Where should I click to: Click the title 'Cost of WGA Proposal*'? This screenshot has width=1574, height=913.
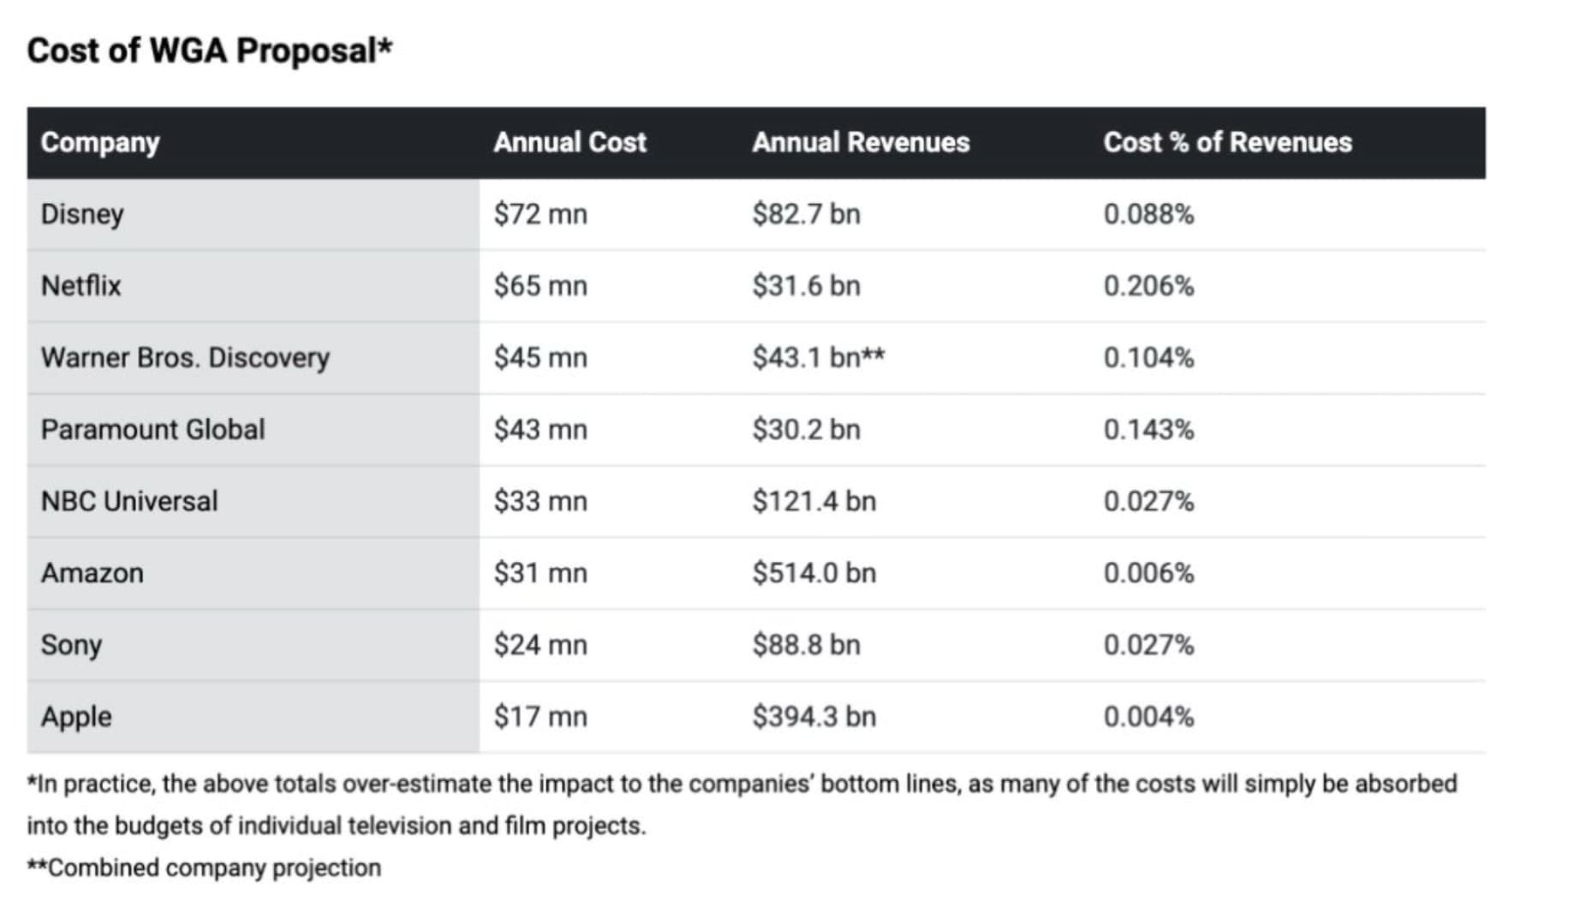tap(209, 51)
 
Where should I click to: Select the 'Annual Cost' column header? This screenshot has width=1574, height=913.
tap(569, 142)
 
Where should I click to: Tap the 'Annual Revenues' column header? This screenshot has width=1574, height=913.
tap(861, 142)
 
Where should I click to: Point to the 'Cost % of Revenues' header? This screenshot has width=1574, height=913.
tap(1227, 142)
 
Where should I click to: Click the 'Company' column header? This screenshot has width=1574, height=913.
tap(100, 142)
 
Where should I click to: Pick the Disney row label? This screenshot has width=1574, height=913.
tap(82, 214)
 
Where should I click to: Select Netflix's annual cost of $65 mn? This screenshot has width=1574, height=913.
tap(540, 286)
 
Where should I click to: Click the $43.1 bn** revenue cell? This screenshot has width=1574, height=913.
tap(818, 358)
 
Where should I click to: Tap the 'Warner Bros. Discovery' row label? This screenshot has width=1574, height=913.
tap(185, 358)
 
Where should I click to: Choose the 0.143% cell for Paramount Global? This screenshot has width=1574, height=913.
tap(1148, 430)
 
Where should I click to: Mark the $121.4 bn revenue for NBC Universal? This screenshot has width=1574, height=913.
tap(814, 502)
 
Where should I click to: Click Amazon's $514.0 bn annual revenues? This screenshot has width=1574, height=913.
tap(814, 573)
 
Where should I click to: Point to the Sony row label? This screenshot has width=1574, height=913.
tap(71, 645)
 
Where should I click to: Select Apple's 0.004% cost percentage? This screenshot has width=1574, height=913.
tap(1148, 717)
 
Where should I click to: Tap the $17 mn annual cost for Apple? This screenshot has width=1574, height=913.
tap(540, 717)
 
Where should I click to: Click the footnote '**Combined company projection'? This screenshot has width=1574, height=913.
tap(204, 868)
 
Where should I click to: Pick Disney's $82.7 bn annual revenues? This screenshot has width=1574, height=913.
tap(806, 214)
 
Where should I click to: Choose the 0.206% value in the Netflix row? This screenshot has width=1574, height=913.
tap(1148, 286)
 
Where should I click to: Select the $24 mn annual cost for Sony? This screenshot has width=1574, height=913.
tap(540, 645)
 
